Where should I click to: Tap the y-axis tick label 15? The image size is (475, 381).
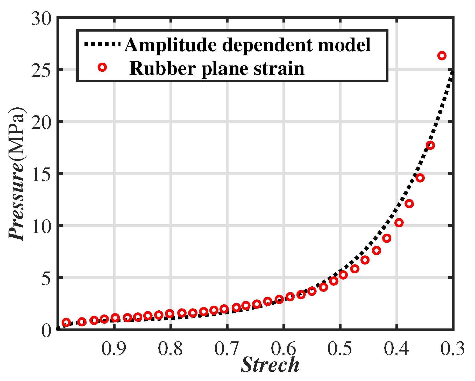point(41,173)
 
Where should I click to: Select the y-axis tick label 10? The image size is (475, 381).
point(41,226)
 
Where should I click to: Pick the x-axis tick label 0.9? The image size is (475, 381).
point(114,348)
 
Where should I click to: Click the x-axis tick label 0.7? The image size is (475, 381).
point(226,348)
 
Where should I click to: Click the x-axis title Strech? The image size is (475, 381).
point(270,365)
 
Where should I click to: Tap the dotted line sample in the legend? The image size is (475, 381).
point(102,44)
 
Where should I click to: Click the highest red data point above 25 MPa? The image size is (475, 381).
point(442,56)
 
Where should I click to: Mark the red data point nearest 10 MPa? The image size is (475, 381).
point(399,223)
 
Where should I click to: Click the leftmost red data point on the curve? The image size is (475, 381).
point(66,323)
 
